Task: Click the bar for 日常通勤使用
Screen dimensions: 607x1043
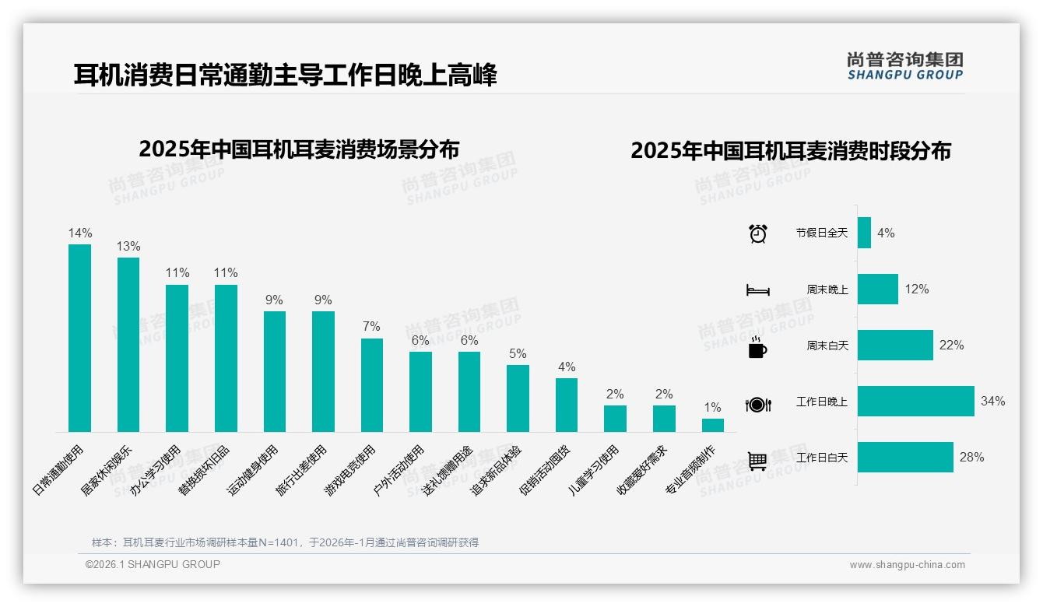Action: click(79, 339)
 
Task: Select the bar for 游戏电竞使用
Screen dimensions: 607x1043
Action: click(372, 385)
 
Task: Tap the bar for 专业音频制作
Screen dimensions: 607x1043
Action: click(712, 426)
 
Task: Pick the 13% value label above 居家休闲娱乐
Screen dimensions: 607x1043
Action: click(128, 247)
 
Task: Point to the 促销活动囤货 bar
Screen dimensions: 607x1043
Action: click(567, 405)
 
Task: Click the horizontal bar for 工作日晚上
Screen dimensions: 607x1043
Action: click(915, 402)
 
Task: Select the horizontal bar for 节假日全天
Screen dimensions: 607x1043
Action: click(864, 233)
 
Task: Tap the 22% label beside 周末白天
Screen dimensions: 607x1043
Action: click(951, 346)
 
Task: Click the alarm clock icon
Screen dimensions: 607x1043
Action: click(757, 233)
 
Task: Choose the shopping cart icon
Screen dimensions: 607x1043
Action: click(757, 461)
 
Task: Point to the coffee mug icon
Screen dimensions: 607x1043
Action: click(757, 348)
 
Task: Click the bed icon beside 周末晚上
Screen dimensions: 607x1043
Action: click(757, 290)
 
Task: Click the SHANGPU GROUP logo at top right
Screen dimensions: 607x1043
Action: click(904, 66)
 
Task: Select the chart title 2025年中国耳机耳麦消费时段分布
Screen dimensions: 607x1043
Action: click(791, 151)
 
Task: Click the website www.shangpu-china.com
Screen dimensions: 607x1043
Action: click(907, 565)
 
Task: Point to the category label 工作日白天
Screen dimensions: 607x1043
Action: click(822, 458)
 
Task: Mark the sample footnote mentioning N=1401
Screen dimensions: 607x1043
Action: click(285, 542)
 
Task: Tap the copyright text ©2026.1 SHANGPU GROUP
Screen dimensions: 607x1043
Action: click(153, 564)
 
